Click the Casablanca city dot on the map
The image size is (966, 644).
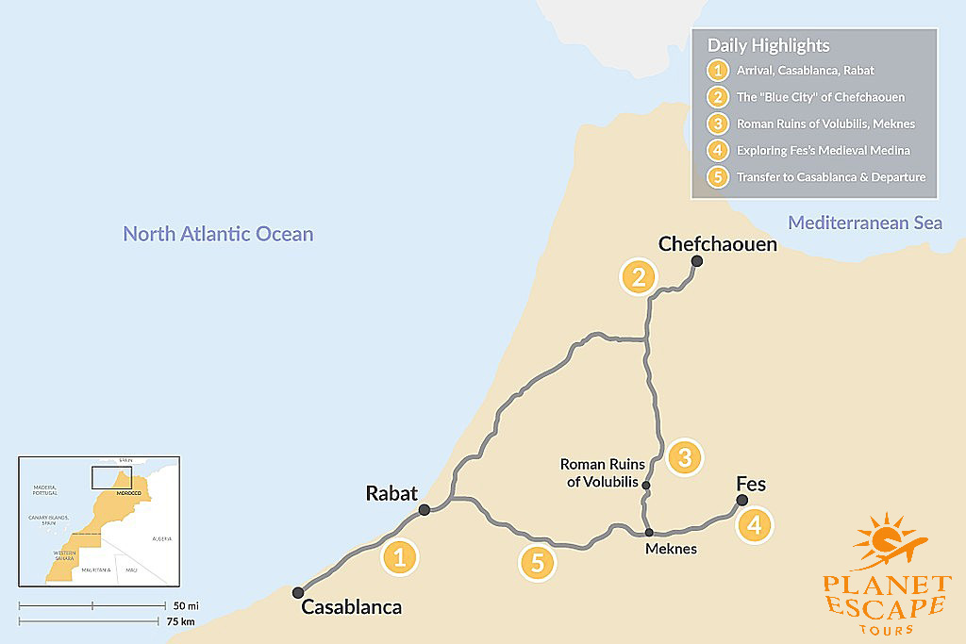[x=298, y=592]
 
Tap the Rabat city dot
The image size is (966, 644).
[x=425, y=510]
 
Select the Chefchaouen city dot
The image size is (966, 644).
[x=696, y=261]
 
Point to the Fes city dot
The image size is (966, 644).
[x=741, y=500]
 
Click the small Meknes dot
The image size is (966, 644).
[x=649, y=533]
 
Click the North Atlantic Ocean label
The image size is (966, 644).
[x=218, y=233]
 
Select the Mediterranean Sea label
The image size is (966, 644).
[x=865, y=223]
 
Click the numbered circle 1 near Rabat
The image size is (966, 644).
[x=399, y=557]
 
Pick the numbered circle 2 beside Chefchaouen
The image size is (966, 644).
[x=639, y=277]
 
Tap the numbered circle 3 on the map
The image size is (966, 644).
[x=685, y=457]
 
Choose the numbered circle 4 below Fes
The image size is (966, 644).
[x=754, y=525]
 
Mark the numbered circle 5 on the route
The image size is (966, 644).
[x=538, y=563]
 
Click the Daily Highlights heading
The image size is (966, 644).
[x=769, y=45]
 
